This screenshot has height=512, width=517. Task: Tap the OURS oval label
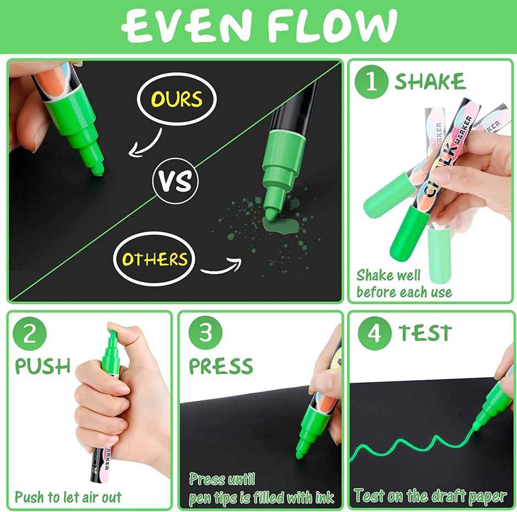(x=176, y=100)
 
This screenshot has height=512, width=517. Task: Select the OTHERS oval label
(x=154, y=259)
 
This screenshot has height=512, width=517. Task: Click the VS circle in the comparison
(x=175, y=181)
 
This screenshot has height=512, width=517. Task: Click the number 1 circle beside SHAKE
(x=372, y=82)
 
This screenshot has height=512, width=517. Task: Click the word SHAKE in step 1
(x=430, y=82)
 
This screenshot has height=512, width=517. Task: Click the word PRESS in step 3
(x=221, y=366)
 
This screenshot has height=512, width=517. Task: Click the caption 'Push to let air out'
(x=68, y=498)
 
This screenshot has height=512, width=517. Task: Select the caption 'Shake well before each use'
(x=404, y=284)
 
